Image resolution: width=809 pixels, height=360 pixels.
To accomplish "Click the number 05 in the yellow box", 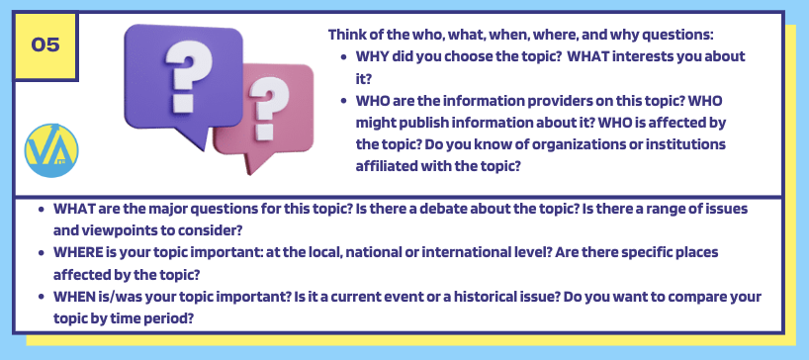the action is pos(45,45).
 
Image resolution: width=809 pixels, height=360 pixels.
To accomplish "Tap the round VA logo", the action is pos(51,150).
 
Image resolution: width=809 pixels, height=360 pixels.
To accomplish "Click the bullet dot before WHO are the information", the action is pos(344,101).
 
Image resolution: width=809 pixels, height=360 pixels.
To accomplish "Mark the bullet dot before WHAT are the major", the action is pos(42,210).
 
